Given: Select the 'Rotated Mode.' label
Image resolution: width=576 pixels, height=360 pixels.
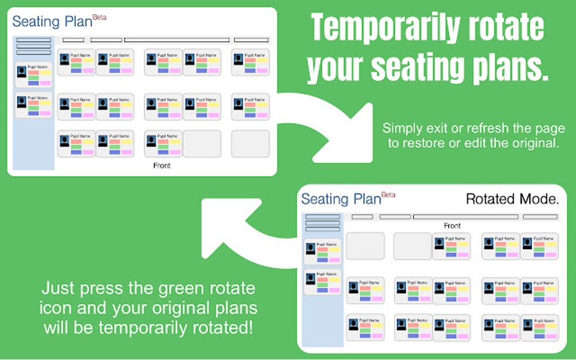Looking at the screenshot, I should point(512,199).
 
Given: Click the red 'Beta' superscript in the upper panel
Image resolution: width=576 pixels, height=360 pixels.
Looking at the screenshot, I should point(99,17).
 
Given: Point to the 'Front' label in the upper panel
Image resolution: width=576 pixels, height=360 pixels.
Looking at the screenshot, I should point(162,166).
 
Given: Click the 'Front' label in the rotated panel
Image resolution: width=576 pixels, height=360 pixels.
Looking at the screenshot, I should point(452,226).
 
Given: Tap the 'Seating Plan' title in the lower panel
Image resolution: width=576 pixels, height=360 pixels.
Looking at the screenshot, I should point(341,199).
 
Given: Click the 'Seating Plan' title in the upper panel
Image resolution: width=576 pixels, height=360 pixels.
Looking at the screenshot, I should point(51,22).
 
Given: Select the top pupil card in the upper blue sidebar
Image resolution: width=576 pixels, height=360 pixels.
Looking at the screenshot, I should point(33,75).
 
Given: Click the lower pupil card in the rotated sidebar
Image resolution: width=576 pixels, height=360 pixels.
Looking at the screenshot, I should point(322,282).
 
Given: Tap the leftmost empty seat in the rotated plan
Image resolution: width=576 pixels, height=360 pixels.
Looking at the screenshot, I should point(365,246).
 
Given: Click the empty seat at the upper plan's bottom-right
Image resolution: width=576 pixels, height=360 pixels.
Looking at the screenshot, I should point(250,144).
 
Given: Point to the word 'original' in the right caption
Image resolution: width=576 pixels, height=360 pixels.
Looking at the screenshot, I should point(533,143).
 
